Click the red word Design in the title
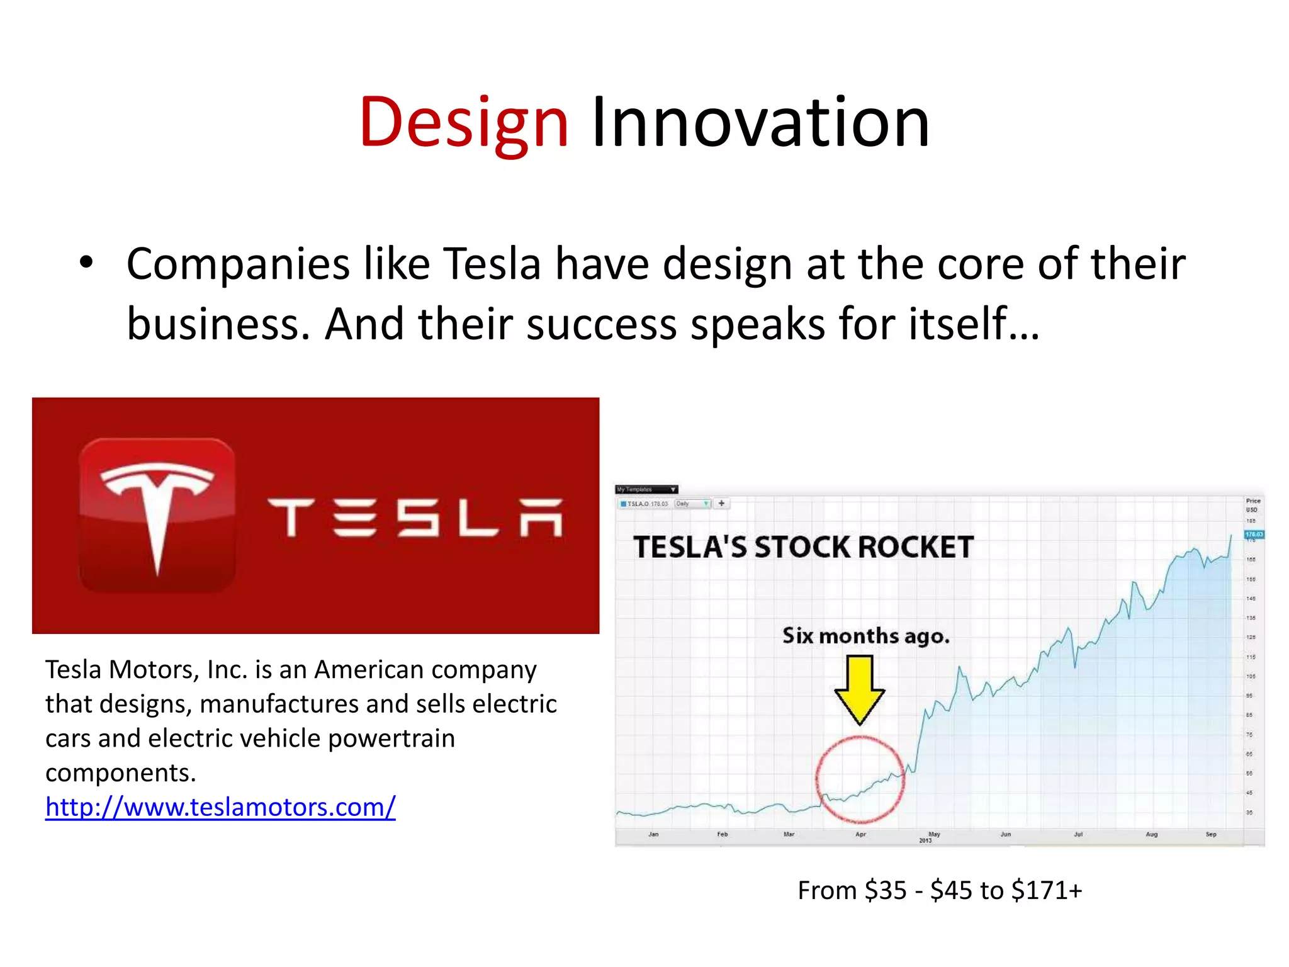point(464,123)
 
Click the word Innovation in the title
point(760,123)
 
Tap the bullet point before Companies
point(86,263)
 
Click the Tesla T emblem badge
point(157,515)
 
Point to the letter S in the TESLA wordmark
point(417,518)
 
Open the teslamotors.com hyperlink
point(220,807)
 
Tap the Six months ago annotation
point(865,636)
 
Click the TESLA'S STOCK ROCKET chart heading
point(803,547)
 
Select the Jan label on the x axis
point(653,834)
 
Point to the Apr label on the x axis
point(860,834)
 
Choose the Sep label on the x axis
point(1211,834)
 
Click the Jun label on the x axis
point(1006,834)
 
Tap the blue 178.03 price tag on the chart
point(1254,534)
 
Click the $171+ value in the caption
point(1047,891)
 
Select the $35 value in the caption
point(886,891)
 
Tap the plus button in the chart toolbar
point(722,504)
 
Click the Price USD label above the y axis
point(1252,505)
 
